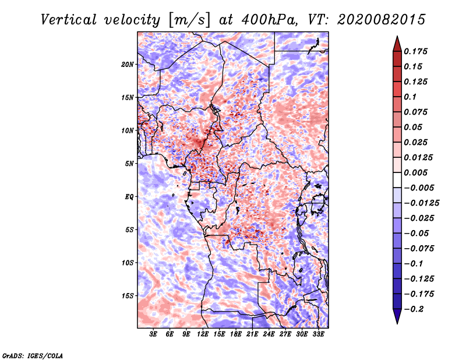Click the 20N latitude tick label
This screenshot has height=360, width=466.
128,64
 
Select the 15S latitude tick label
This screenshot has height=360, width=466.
128,296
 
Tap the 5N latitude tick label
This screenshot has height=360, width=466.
129,164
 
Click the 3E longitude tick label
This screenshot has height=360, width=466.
154,334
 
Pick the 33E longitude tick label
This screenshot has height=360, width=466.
318,334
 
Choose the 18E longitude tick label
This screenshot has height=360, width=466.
236,334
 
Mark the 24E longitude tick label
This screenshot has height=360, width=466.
269,334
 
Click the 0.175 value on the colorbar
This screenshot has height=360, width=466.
418,51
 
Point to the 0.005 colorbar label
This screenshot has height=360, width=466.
418,173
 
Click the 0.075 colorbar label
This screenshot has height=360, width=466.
418,112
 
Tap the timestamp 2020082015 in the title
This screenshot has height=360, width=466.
373,19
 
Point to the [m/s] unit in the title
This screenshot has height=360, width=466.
188,20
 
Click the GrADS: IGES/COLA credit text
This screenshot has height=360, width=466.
33,355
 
